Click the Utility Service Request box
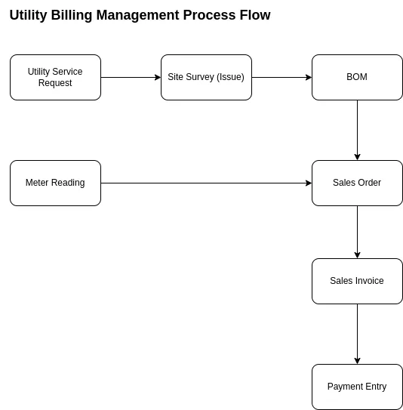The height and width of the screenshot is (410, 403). point(55,78)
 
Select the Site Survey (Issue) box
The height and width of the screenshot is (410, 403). point(206,78)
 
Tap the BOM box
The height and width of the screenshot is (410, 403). point(357,78)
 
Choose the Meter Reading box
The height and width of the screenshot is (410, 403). point(55,183)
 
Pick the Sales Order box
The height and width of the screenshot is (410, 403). point(357,183)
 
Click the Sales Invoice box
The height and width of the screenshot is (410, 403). point(357,281)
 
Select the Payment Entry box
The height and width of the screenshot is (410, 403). point(357,387)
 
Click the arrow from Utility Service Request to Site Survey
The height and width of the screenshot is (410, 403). point(131,78)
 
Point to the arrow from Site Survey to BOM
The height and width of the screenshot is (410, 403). point(281,78)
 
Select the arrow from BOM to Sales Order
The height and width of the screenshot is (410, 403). point(357,130)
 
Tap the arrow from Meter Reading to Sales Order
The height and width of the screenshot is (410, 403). point(206,183)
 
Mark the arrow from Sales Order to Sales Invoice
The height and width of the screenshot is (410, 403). point(357,233)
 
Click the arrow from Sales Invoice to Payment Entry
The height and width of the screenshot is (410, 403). point(357,334)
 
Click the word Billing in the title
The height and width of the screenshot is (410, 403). point(72,15)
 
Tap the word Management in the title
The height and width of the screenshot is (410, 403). point(137,15)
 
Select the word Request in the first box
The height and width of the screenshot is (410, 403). point(55,83)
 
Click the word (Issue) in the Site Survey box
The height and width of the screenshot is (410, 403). point(230,77)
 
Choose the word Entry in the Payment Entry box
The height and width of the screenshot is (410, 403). point(376,387)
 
